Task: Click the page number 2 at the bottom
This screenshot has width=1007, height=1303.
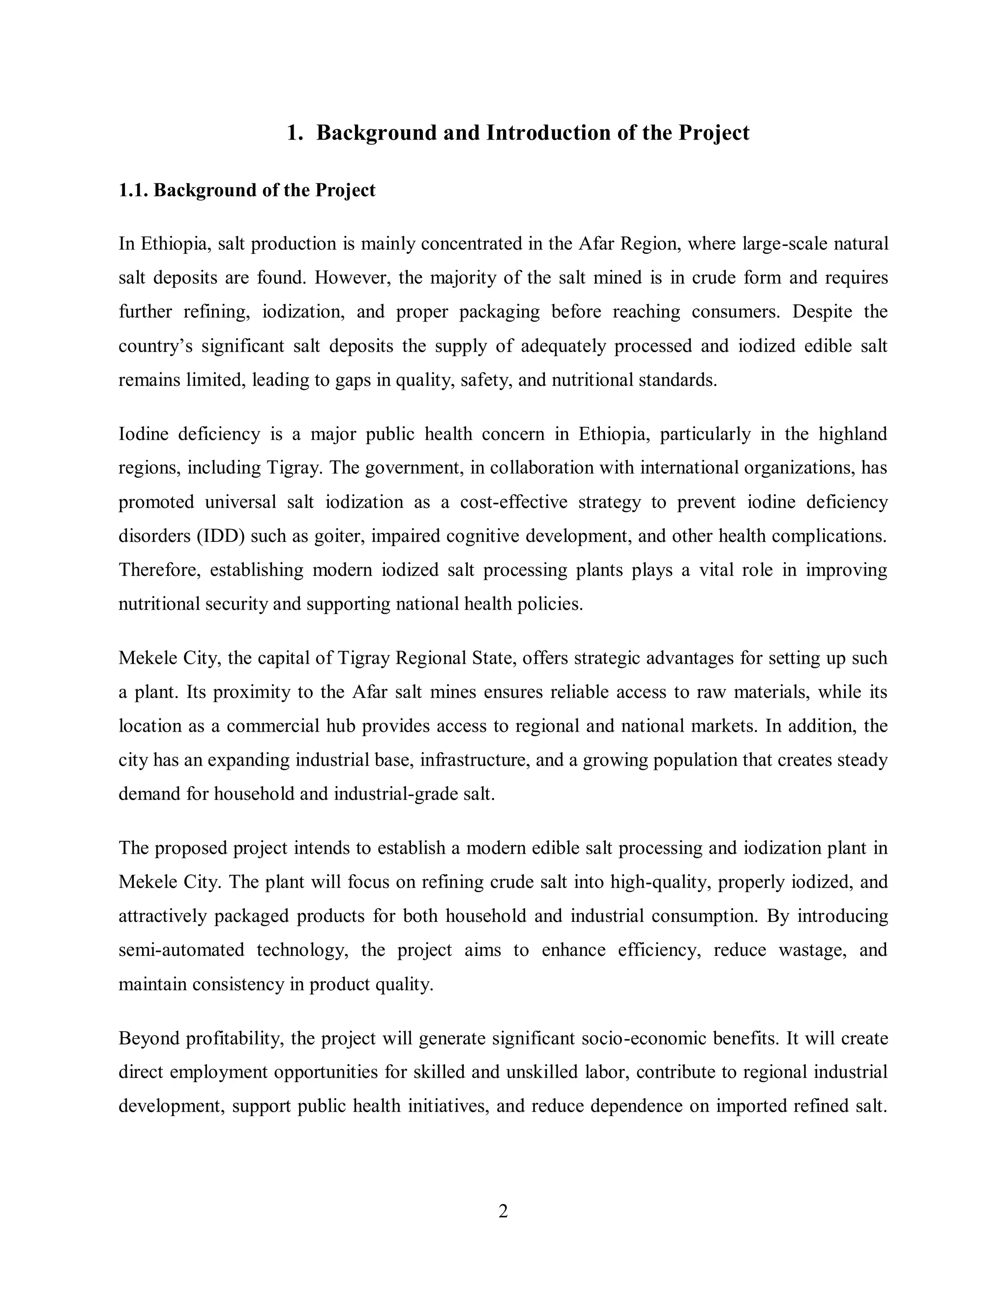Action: coord(503,1212)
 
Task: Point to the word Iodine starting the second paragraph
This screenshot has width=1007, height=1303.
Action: coord(143,434)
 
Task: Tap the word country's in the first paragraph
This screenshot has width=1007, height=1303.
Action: coord(155,346)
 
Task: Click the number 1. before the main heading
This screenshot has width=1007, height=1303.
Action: coord(294,132)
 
